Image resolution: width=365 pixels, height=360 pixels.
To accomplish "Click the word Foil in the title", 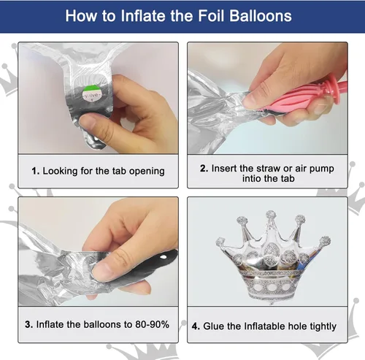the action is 211,16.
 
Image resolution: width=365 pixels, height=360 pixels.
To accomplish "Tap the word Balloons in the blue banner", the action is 261,16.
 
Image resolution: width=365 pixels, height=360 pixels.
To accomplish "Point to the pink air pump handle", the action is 299,96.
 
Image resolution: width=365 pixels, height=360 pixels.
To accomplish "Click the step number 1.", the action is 35,171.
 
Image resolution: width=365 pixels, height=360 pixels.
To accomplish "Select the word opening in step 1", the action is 147,172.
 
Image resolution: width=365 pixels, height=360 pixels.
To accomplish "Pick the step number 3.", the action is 28,324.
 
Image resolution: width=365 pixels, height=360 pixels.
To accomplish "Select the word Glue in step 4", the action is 214,326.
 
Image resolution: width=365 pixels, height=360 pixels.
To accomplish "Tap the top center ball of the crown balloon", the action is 271,215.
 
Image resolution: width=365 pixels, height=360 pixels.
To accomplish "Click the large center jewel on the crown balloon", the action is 272,250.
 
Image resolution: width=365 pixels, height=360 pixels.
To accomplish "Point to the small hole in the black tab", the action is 164,257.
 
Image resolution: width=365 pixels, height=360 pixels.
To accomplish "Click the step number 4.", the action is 196,326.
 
